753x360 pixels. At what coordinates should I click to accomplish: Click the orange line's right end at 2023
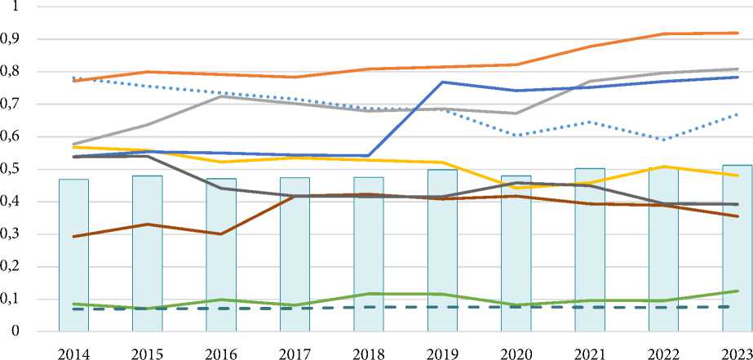point(737,33)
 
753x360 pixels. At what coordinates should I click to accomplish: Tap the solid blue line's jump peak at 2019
point(442,82)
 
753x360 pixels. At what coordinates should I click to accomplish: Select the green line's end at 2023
point(737,291)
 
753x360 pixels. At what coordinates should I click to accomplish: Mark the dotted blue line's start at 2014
point(73,78)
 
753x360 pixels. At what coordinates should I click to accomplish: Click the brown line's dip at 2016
point(221,234)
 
